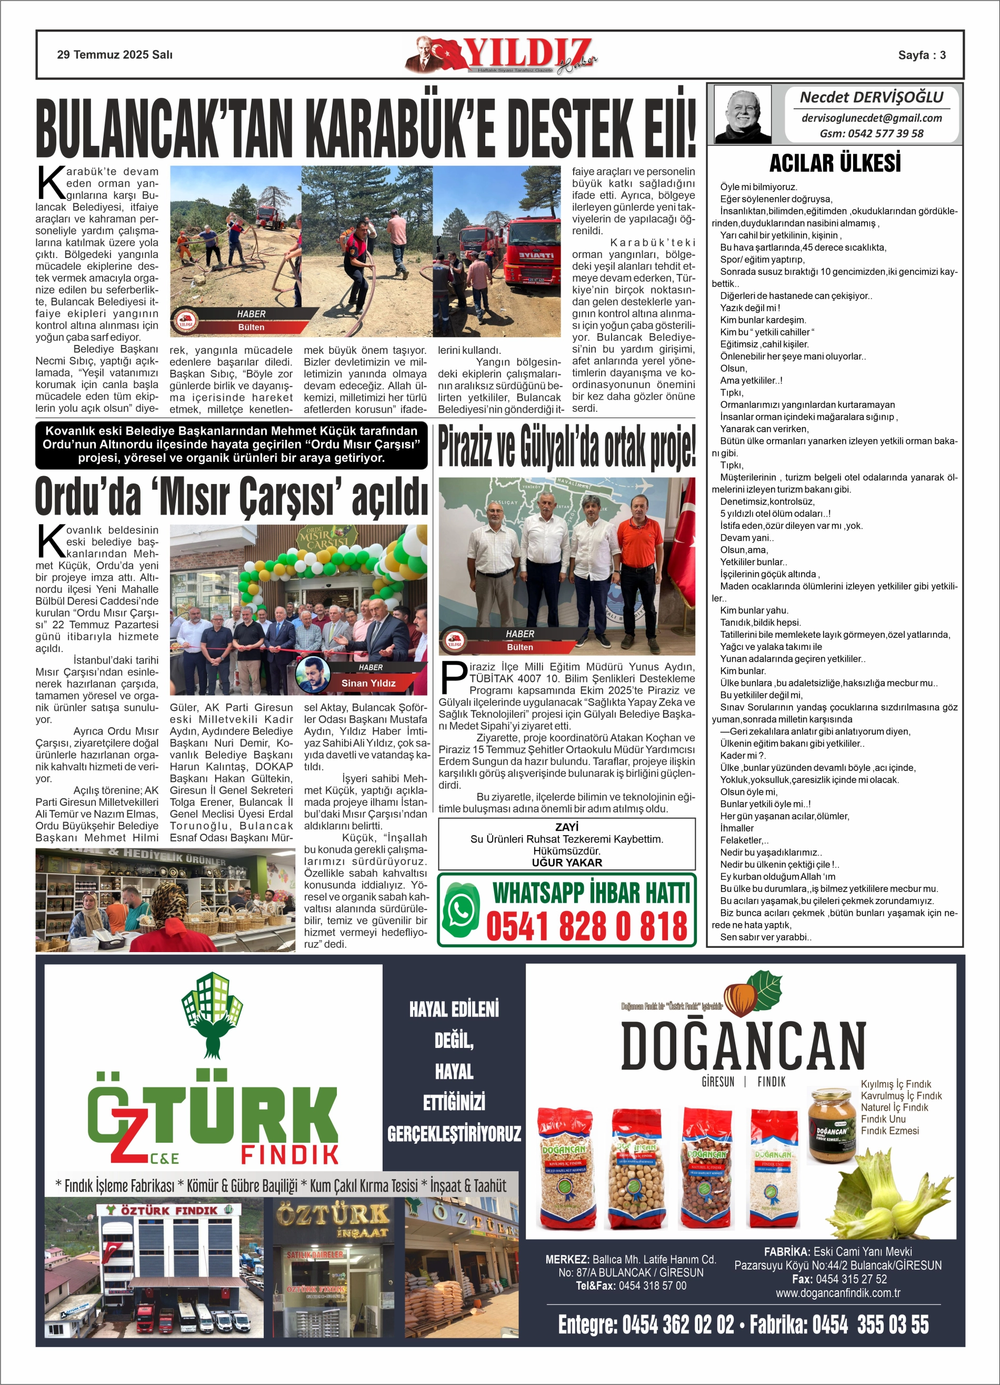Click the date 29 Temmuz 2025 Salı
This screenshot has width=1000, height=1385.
[115, 55]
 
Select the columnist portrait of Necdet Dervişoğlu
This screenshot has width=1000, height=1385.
[743, 114]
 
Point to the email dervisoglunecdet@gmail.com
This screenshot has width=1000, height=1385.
[871, 118]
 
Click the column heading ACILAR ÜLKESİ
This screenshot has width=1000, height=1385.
[835, 164]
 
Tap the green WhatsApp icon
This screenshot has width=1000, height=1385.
[459, 909]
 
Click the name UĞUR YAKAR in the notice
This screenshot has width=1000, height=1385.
[566, 862]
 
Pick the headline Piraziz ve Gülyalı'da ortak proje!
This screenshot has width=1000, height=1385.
[566, 447]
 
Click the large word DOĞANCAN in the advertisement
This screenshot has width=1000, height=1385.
[743, 1046]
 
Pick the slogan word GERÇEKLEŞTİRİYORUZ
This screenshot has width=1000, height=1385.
[454, 1134]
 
